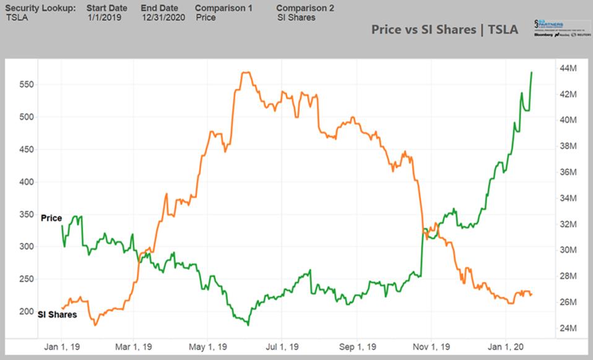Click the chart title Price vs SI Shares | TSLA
coord(444,29)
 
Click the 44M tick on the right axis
coord(569,68)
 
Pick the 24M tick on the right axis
coord(569,328)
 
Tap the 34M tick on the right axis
coord(569,198)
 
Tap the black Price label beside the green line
coord(51,218)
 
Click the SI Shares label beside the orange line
coord(58,315)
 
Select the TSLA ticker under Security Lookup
coord(18,17)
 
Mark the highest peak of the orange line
coord(246,72)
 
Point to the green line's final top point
coord(532,72)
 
